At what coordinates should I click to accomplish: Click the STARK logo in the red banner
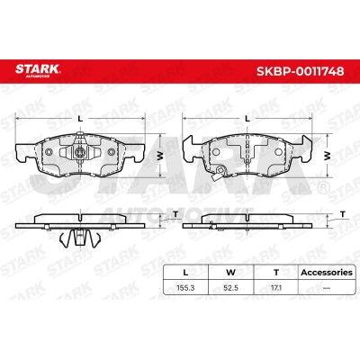(38, 70)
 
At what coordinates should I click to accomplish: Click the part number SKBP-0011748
(300, 71)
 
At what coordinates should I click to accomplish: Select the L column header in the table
(185, 273)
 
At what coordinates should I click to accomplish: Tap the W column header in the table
(230, 273)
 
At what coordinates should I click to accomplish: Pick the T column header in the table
(276, 273)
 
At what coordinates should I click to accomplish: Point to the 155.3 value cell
(185, 288)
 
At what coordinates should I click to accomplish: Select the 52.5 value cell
(230, 288)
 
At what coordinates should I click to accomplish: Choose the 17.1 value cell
(276, 288)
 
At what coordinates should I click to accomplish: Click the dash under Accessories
(327, 288)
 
